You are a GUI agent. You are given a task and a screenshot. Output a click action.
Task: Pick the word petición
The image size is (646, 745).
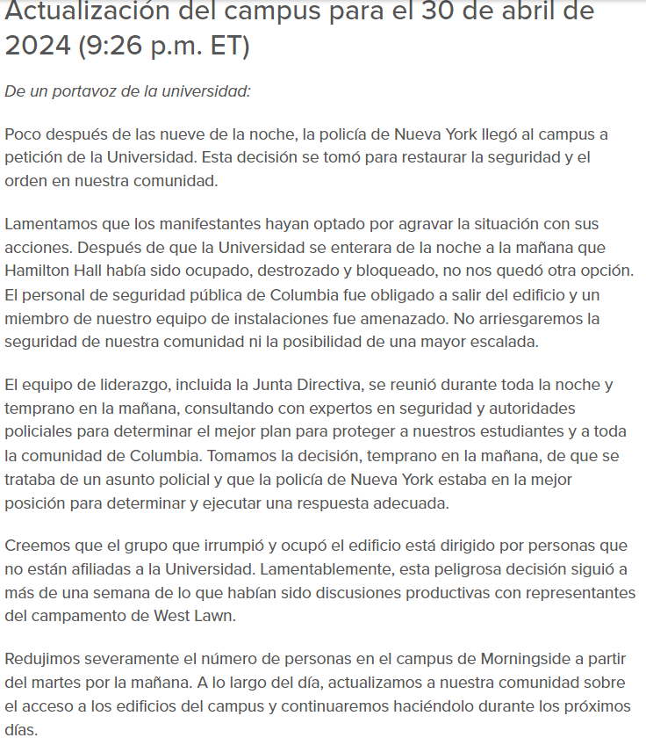pyautogui.click(x=34, y=159)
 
